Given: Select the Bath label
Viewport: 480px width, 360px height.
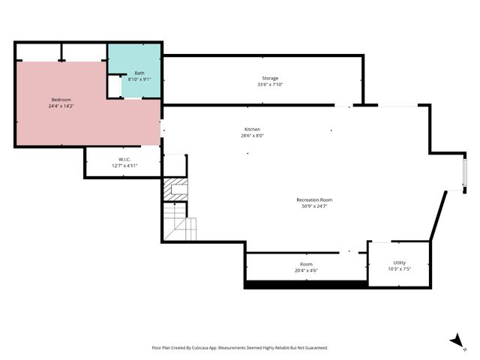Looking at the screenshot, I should point(139,73).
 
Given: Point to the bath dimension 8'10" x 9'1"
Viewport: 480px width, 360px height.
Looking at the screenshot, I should point(139,79).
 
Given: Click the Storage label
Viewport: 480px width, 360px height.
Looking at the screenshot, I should point(270,78).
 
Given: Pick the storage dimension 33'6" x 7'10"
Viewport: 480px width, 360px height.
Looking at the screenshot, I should point(270,84).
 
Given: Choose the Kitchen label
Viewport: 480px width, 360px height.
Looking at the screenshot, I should point(252,130).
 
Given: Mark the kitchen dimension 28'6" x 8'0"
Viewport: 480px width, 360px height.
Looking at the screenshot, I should point(252,136).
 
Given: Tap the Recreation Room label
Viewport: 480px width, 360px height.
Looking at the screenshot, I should point(314,199).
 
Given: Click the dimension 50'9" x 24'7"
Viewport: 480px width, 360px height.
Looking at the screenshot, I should point(314,205).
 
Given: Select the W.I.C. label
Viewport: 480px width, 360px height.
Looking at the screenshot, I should point(124,159).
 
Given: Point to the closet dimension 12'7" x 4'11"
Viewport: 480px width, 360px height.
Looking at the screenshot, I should point(124,165).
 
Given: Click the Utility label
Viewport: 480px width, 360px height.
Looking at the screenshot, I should point(399,262).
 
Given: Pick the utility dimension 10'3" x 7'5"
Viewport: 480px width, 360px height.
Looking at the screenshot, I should point(399,268).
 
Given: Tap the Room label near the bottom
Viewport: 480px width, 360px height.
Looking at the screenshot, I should point(306,264).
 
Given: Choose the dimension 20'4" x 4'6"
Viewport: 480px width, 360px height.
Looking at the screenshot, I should point(306,270).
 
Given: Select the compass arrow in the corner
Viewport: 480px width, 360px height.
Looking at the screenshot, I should point(455,341).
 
